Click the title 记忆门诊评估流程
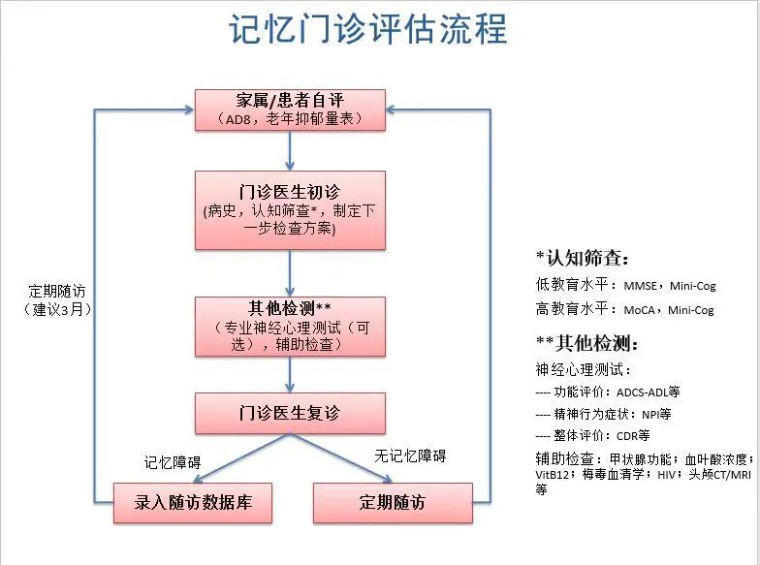368,29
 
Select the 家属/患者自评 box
290,110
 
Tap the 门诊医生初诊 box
290,210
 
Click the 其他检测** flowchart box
290,327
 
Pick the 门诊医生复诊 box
290,413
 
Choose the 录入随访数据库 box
193,503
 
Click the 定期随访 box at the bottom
393,503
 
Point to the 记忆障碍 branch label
173,462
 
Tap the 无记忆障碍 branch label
410,455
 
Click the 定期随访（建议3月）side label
57,300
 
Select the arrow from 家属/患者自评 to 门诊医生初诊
290,151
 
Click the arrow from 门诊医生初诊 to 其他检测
290,273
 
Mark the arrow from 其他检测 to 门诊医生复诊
290,374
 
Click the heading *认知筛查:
582,258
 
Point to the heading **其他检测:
587,343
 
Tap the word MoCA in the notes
640,310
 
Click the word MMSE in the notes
640,286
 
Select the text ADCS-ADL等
648,392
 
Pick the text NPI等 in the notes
656,415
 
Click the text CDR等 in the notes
633,436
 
